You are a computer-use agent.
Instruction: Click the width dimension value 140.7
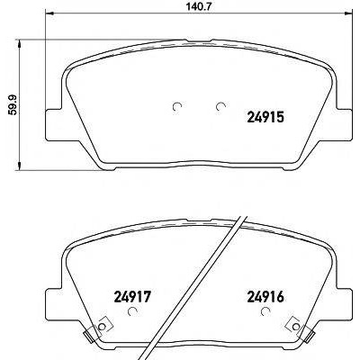pyautogui.click(x=197, y=6)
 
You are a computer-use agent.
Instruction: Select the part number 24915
pyautogui.click(x=265, y=117)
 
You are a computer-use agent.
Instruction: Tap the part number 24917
pyautogui.click(x=131, y=297)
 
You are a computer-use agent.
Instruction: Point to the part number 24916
pyautogui.click(x=265, y=297)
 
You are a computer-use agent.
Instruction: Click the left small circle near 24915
pyautogui.click(x=177, y=106)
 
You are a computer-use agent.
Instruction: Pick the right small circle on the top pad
pyautogui.click(x=220, y=106)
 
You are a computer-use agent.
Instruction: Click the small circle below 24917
pyautogui.click(x=132, y=311)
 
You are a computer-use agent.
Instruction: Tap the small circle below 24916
pyautogui.click(x=265, y=311)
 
